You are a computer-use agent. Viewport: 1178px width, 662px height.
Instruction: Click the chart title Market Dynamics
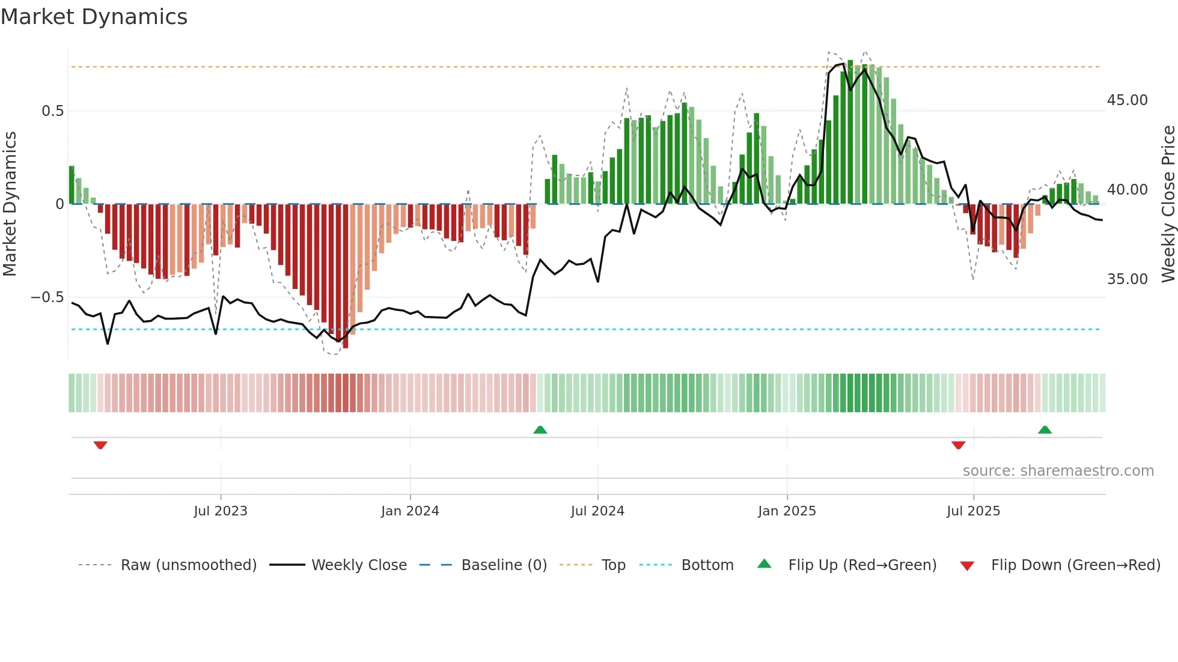click(94, 17)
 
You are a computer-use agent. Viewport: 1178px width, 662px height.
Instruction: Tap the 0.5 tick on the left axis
click(52, 111)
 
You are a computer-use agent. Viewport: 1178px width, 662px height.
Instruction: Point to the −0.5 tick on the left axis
click(47, 297)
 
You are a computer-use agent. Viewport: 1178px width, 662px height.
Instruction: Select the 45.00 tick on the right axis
click(1127, 100)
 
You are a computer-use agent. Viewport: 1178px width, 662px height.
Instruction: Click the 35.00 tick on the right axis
click(1127, 279)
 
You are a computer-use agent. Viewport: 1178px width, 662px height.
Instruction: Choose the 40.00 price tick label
click(1127, 190)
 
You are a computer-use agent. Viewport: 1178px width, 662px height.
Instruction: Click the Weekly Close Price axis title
click(1168, 204)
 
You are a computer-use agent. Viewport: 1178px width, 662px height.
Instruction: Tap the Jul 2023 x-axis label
click(221, 511)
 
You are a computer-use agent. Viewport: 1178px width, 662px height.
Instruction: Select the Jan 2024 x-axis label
click(410, 511)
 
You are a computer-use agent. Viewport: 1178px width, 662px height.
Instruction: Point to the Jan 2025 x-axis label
click(787, 511)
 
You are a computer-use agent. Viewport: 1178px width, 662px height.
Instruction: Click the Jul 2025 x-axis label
click(973, 511)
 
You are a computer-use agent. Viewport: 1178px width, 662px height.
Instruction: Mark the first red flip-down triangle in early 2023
click(100, 445)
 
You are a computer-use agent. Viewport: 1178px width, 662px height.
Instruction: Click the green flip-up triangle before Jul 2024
click(540, 430)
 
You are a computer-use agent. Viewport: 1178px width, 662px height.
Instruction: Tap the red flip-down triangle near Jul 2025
click(959, 445)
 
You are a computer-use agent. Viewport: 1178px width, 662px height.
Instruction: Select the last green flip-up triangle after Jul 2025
click(1045, 430)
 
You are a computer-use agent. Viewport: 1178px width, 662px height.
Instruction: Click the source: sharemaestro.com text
click(1058, 471)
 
